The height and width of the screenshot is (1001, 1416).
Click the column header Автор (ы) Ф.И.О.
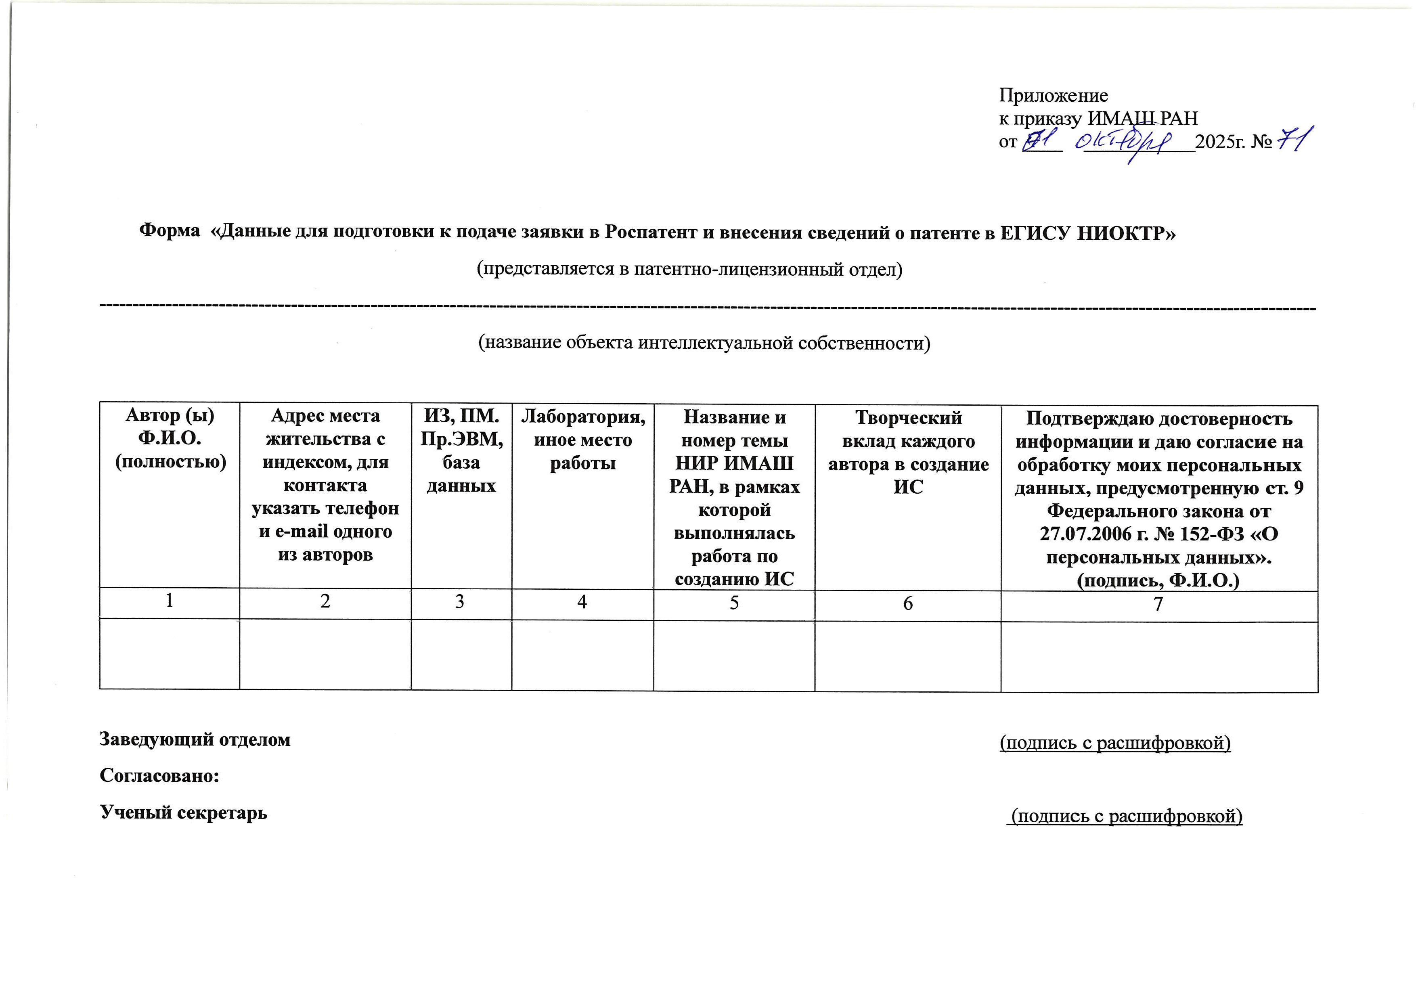170,438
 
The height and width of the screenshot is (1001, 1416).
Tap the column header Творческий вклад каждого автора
908,452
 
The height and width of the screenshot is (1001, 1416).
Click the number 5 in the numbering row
734,603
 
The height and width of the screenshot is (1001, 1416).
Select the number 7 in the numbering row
1158,604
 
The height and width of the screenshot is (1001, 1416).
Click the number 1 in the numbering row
169,600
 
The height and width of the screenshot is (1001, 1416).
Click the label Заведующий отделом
195,739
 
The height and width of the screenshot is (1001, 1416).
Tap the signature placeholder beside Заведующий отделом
1115,743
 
